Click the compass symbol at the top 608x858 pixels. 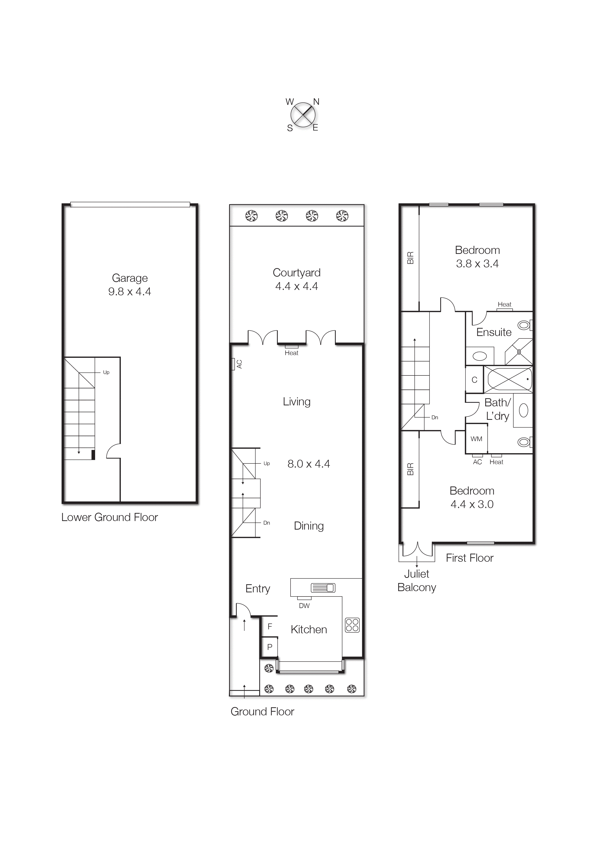pyautogui.click(x=303, y=114)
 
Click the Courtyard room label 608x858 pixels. pyautogui.click(x=296, y=273)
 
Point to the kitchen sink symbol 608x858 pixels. pyautogui.click(x=323, y=588)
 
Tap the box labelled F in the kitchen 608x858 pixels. pyautogui.click(x=270, y=626)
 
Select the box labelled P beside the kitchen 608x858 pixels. pyautogui.click(x=270, y=647)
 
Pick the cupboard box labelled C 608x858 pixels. pyautogui.click(x=474, y=380)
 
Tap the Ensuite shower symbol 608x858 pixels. pyautogui.click(x=519, y=352)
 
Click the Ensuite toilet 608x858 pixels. pyautogui.click(x=525, y=325)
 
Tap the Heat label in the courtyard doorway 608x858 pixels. pyautogui.click(x=291, y=353)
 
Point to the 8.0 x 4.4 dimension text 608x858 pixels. pyautogui.click(x=308, y=464)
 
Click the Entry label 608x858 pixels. pyautogui.click(x=258, y=589)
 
